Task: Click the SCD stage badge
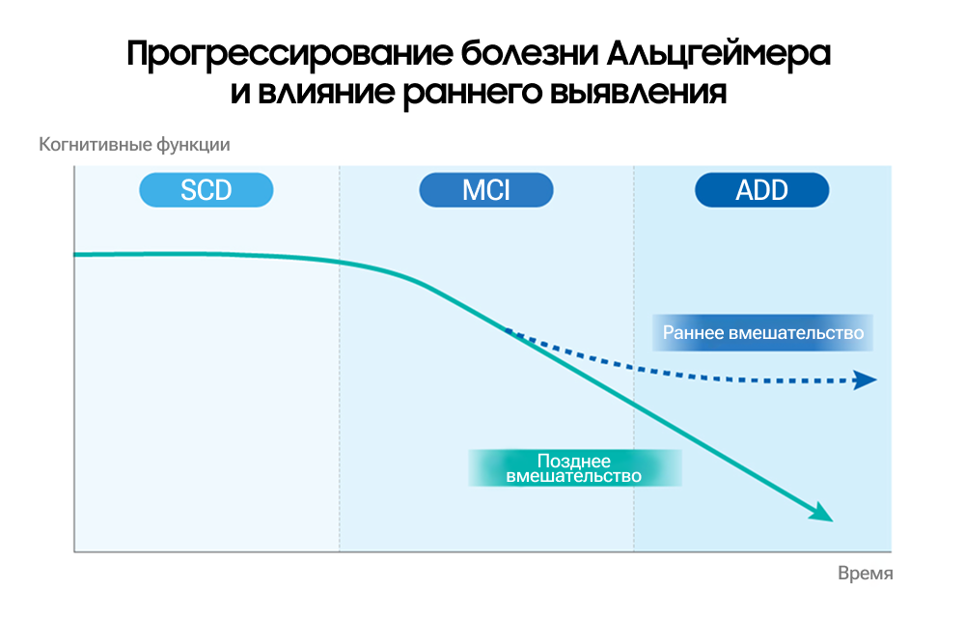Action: [207, 190]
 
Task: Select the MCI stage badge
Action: [485, 190]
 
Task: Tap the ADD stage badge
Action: [762, 190]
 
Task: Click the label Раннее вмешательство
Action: [762, 333]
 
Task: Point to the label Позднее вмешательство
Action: [574, 469]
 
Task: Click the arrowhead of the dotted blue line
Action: [866, 380]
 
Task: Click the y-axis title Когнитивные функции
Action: [134, 146]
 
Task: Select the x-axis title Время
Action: [865, 573]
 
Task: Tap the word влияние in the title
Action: [310, 93]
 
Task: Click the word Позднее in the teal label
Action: [573, 462]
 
